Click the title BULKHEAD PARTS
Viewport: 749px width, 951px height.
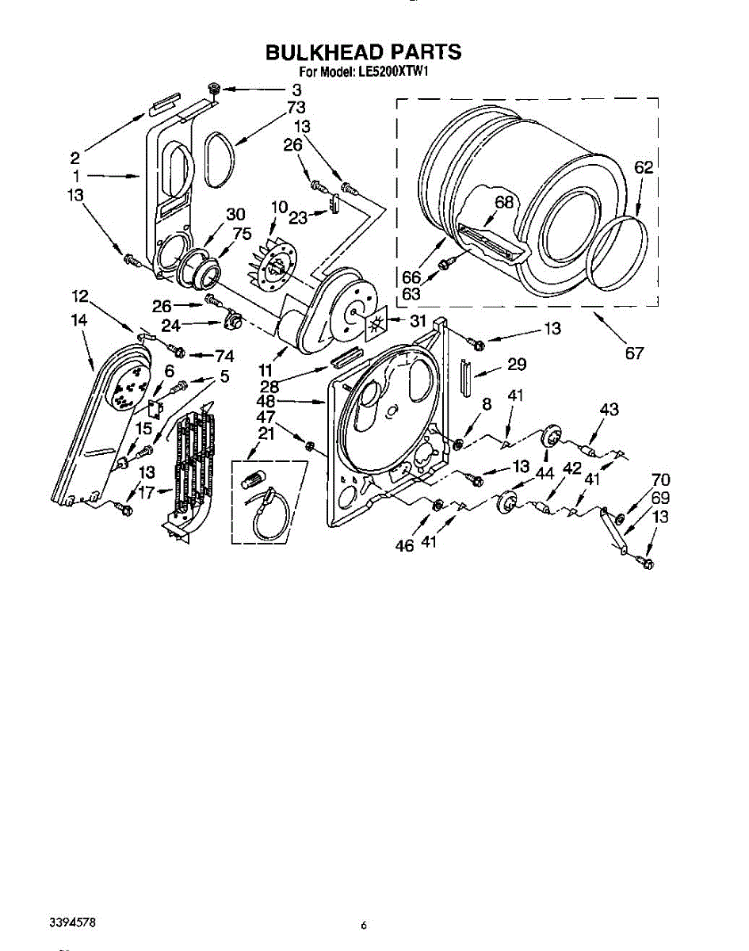[x=363, y=52]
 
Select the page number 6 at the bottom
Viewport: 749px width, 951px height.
[x=363, y=925]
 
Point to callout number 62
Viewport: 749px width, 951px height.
[x=644, y=167]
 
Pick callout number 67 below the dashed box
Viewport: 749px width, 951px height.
[x=634, y=353]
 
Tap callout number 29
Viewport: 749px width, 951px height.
[x=517, y=365]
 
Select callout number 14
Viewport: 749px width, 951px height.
[x=78, y=320]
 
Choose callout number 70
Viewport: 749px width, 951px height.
[x=660, y=479]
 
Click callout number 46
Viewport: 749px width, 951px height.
[x=405, y=546]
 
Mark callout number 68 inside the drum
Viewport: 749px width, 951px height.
[x=504, y=202]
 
